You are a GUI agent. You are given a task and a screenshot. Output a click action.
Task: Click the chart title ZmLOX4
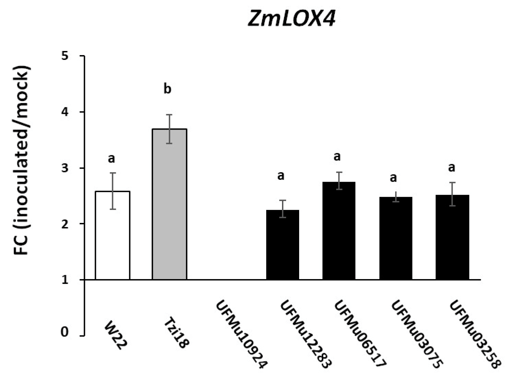pos(292,19)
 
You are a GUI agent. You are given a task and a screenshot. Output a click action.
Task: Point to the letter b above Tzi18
pos(167,89)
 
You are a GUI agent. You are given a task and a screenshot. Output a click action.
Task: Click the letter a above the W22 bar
pos(111,158)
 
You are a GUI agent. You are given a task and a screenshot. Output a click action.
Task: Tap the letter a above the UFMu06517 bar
pos(337,156)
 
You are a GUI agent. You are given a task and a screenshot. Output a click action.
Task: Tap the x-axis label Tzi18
pos(175,333)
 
